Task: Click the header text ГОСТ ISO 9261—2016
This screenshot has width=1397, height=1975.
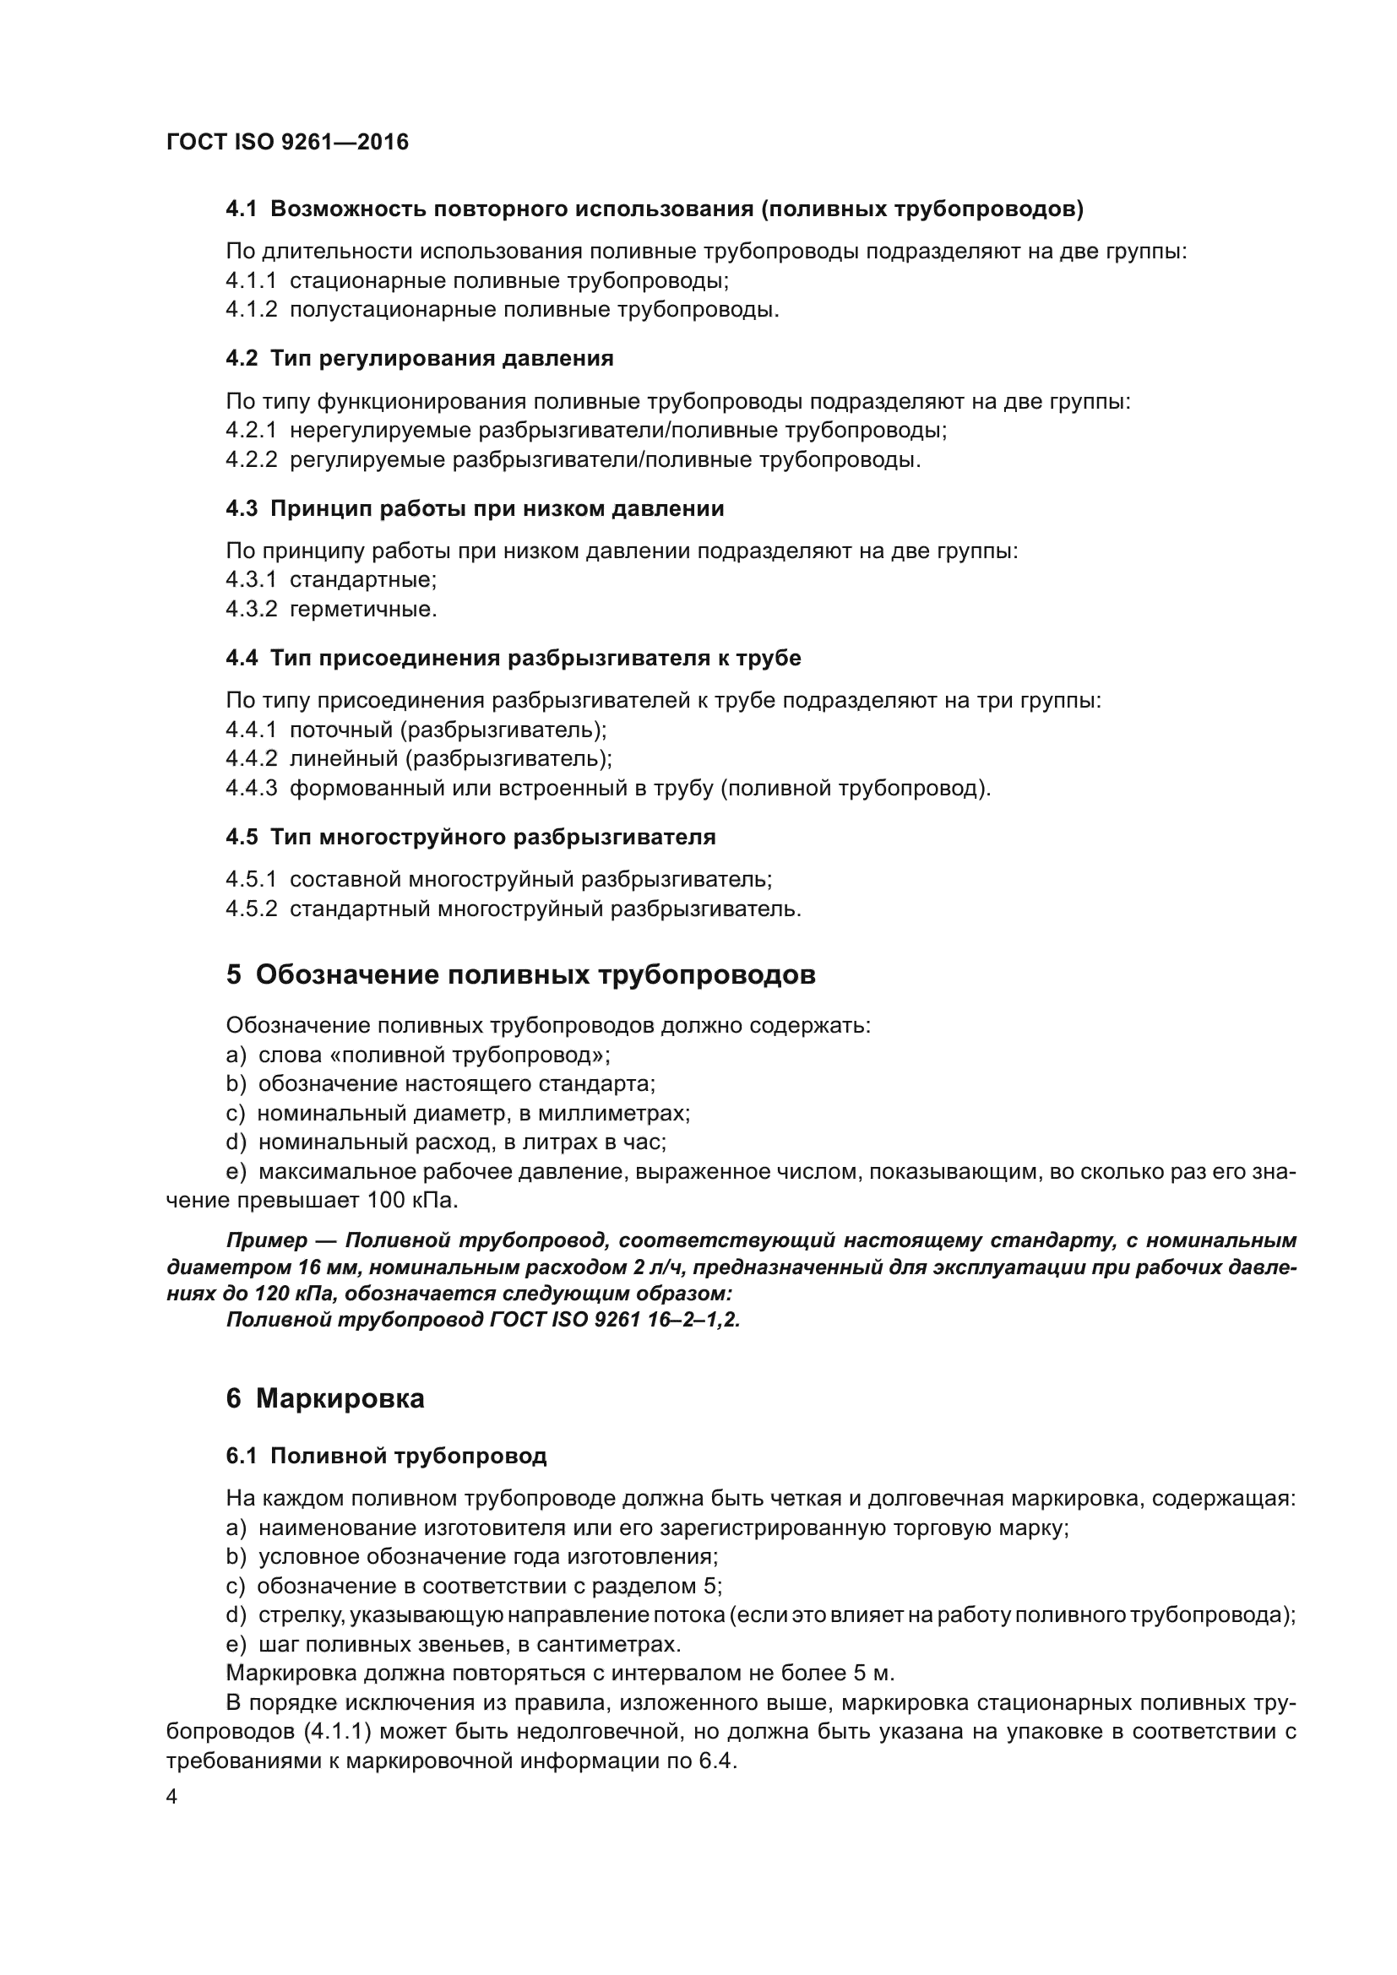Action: click(x=287, y=142)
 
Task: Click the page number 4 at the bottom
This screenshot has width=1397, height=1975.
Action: click(x=171, y=1797)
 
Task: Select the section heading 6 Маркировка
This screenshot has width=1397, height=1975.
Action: click(x=325, y=1398)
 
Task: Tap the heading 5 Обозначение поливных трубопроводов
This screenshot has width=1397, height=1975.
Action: click(x=520, y=974)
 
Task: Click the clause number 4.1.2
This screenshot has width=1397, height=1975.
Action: click(x=251, y=310)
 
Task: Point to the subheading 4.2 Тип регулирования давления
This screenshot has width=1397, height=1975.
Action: click(x=419, y=359)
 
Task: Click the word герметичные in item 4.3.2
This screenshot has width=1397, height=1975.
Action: click(x=362, y=609)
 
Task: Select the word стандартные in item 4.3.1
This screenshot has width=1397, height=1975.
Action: click(x=362, y=580)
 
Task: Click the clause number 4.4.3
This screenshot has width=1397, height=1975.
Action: click(x=251, y=788)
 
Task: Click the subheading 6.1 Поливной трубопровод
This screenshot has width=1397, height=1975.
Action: click(x=385, y=1457)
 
